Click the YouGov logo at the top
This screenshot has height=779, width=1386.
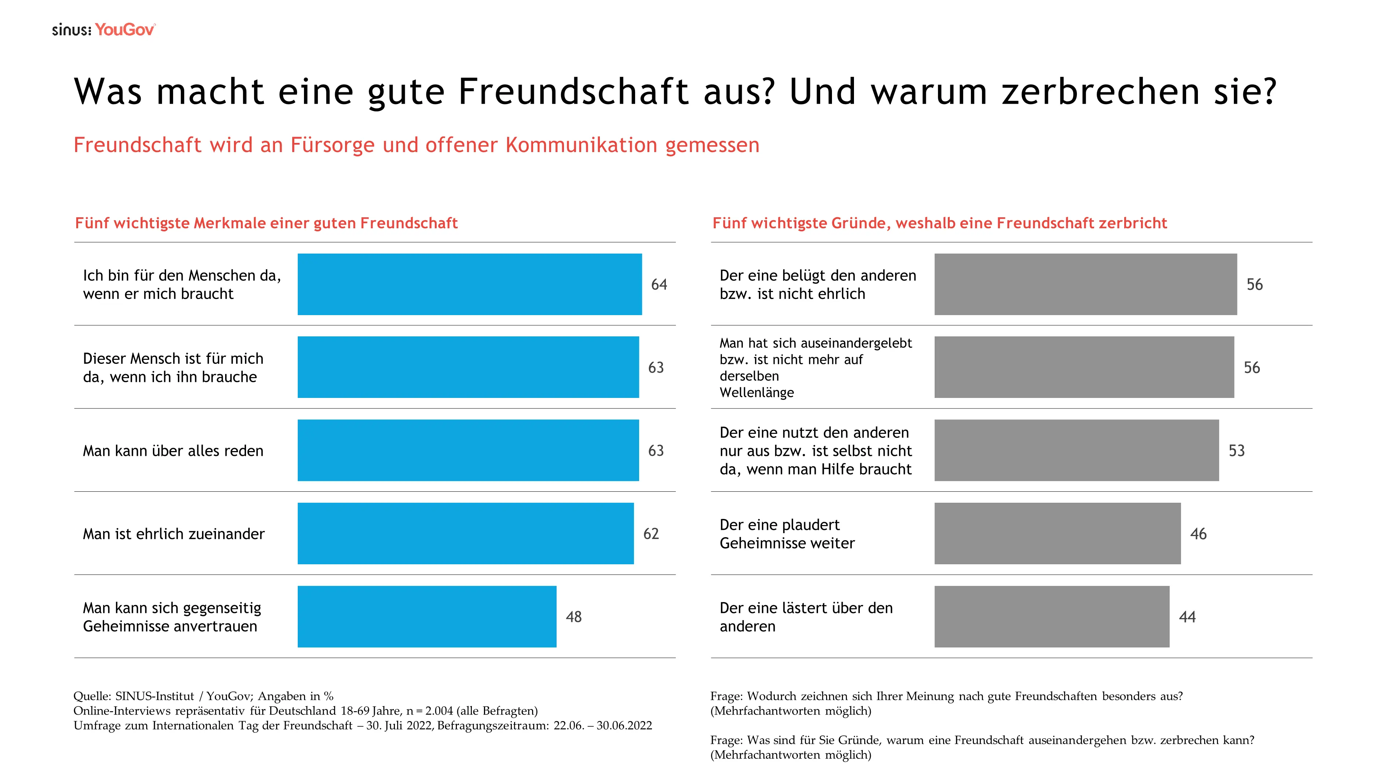pyautogui.click(x=125, y=30)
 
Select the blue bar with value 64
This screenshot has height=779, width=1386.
pyautogui.click(x=469, y=284)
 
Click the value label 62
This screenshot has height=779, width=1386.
pyautogui.click(x=651, y=534)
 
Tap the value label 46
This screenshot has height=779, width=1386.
pyautogui.click(x=1198, y=534)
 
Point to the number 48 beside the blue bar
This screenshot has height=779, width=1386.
pyautogui.click(x=573, y=617)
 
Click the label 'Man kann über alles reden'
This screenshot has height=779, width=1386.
pyautogui.click(x=173, y=451)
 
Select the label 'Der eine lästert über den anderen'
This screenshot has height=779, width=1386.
pyautogui.click(x=806, y=617)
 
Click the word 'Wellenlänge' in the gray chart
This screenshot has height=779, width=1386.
pyautogui.click(x=756, y=392)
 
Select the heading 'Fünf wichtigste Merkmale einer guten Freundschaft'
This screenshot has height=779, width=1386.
pyautogui.click(x=266, y=223)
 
